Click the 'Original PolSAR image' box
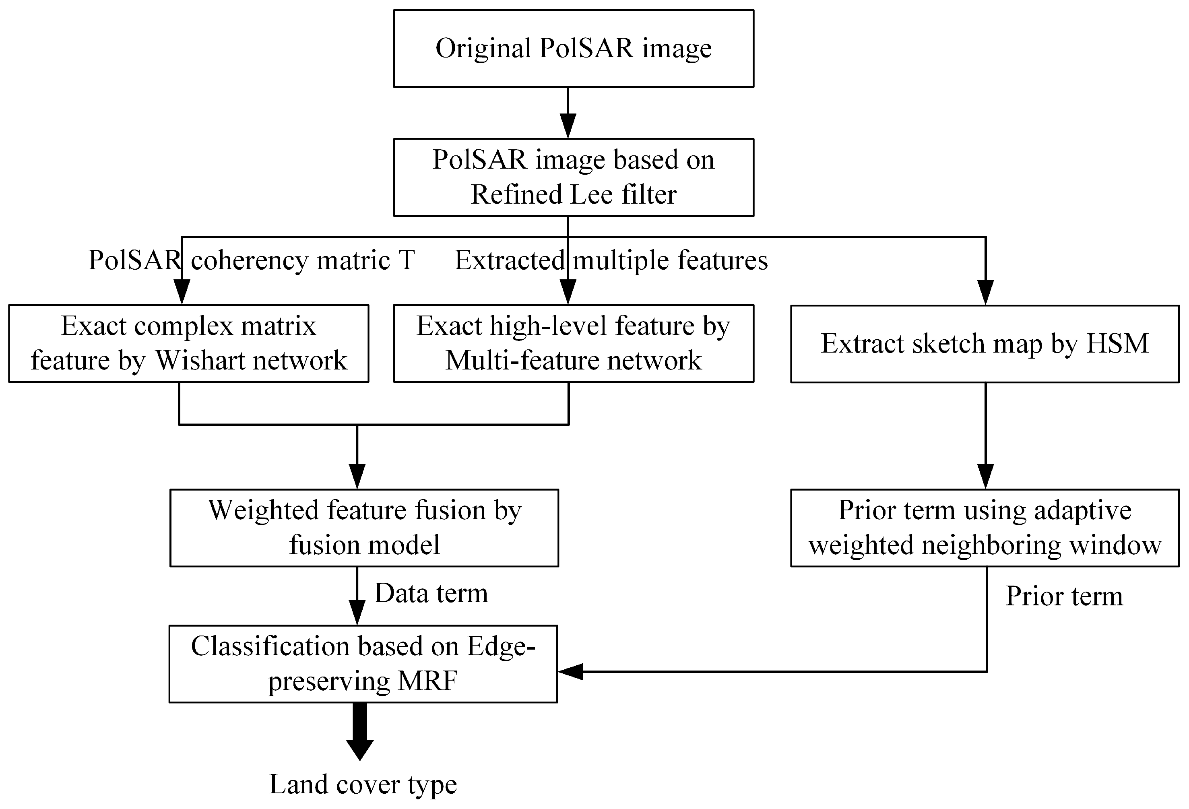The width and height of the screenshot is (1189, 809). [x=573, y=49]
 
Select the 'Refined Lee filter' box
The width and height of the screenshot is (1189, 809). [x=573, y=177]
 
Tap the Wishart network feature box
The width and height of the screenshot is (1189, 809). [x=188, y=343]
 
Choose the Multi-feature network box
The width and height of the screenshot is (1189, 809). [x=573, y=343]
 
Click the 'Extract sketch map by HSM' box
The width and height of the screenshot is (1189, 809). [x=985, y=344]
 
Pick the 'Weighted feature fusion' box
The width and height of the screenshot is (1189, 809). [x=364, y=528]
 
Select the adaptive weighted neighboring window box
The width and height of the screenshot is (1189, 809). [x=985, y=528]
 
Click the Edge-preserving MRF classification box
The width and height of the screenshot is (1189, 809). [x=363, y=664]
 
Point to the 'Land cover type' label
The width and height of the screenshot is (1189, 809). [x=363, y=784]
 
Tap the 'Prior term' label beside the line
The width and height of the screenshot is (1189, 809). [x=1064, y=596]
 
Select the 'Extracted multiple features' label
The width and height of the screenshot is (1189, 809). [x=611, y=260]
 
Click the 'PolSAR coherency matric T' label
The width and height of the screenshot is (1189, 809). [x=251, y=260]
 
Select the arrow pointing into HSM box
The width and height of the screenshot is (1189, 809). [x=985, y=292]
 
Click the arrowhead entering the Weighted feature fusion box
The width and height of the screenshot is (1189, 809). [x=357, y=476]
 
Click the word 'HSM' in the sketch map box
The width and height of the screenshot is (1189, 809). [x=1117, y=344]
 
